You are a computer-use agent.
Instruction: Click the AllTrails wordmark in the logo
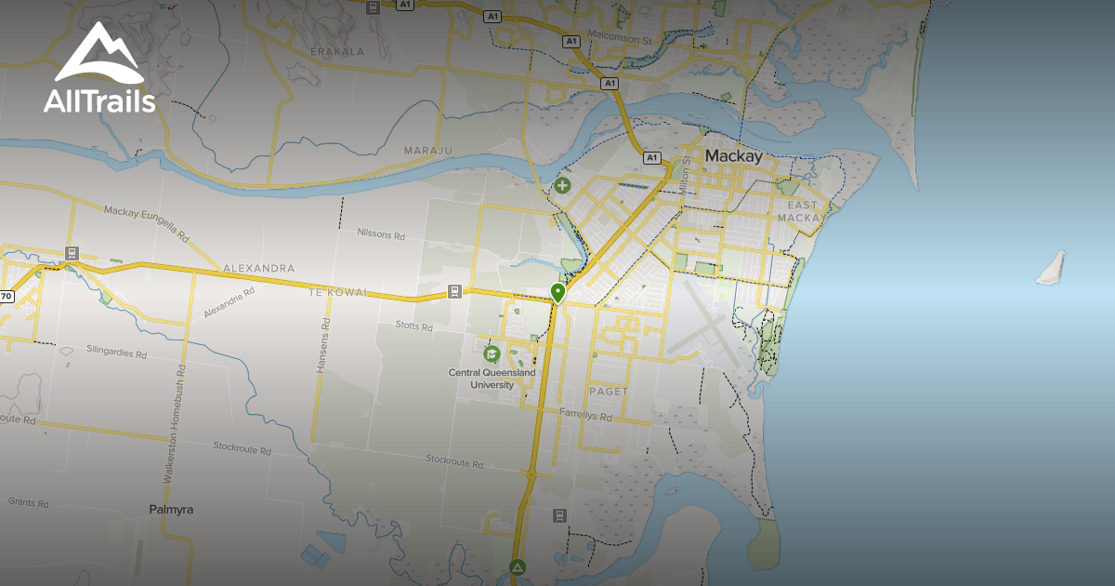(x=98, y=100)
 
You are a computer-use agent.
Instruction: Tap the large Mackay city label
(x=733, y=156)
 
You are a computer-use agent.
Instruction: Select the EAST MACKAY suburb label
(x=803, y=211)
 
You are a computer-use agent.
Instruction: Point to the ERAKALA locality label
(x=337, y=51)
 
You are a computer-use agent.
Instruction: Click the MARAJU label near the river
(x=426, y=151)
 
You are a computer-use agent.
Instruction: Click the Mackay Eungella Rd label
(x=146, y=224)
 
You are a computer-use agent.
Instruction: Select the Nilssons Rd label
(x=381, y=236)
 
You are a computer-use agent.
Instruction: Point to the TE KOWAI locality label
(x=339, y=292)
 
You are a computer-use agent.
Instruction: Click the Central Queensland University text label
(x=492, y=379)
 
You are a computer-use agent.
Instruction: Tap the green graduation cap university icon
(x=491, y=353)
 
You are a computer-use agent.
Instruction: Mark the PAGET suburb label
(x=609, y=392)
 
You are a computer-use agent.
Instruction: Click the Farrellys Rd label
(x=586, y=416)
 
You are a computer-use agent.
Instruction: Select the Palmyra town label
(x=171, y=510)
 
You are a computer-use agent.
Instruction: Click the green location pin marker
(x=557, y=293)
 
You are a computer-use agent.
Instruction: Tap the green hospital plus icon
(x=562, y=185)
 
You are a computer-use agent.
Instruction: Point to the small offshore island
(x=1051, y=267)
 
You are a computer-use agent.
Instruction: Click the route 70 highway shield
(x=7, y=297)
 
